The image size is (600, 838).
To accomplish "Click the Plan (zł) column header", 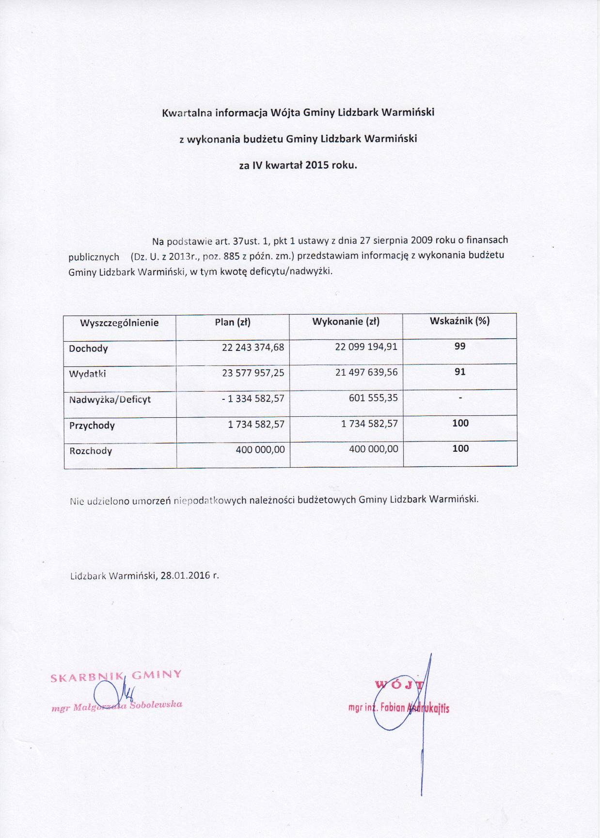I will pos(233,322).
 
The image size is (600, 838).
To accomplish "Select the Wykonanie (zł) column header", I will pos(346,322).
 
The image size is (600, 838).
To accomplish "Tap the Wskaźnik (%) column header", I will pos(459,321).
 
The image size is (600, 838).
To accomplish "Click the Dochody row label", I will pos(88,349).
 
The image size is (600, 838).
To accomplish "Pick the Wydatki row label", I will pos(87,374).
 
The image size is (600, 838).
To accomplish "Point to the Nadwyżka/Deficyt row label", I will pos(110,400).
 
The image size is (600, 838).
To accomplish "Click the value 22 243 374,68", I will pos(253,348).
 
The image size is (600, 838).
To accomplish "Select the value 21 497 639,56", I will pos(366,372).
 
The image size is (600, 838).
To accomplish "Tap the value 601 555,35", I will pos(373,398).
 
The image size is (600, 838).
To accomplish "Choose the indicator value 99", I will pos(460,346).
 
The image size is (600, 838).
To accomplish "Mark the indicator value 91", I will pos(460,372).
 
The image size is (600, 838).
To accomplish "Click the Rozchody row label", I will pos(91,451).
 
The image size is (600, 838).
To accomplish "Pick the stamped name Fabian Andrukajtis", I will pos(415,708).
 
